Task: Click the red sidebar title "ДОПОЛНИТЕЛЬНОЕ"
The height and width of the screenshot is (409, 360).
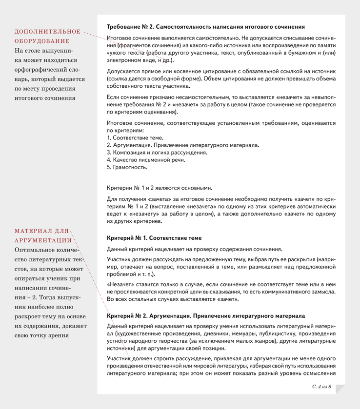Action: point(48,32)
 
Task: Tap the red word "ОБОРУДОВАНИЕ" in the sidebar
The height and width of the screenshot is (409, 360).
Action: point(42,41)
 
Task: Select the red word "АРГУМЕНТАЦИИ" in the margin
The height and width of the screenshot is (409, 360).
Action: point(43,240)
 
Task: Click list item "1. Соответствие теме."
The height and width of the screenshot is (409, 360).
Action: point(128,138)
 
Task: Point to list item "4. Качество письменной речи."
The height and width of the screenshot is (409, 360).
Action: point(146,159)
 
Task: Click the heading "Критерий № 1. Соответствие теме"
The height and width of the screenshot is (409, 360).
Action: point(154,238)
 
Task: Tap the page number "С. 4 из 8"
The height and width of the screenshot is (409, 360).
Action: point(321,386)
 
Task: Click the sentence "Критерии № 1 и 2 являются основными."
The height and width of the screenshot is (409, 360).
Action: point(159,188)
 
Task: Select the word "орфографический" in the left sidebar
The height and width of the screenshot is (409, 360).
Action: point(44,69)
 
